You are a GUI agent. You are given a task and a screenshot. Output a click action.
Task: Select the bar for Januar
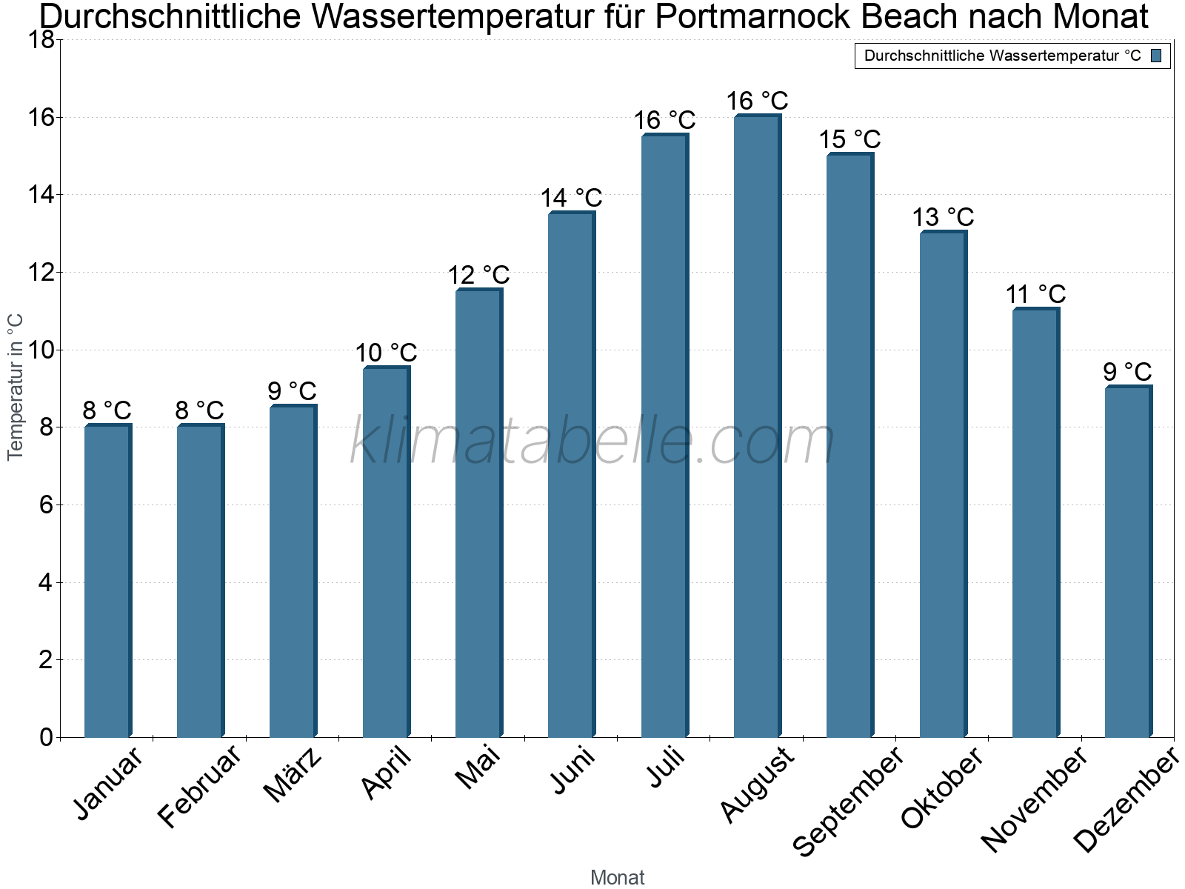107,581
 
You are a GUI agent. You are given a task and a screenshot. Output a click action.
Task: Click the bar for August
757,426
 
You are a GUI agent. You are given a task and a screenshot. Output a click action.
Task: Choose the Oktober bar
943,485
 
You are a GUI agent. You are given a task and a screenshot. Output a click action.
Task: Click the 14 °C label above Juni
571,199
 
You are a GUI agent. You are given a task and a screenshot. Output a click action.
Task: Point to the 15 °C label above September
849,139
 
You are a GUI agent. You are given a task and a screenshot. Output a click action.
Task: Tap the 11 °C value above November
1035,295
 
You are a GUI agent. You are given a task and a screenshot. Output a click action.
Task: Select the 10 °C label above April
386,353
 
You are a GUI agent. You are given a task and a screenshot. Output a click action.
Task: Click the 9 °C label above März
292,391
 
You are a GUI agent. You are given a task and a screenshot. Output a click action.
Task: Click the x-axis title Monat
617,877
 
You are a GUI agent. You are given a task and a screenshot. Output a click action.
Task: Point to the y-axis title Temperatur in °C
16,387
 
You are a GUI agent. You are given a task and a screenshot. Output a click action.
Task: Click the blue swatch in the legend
1156,56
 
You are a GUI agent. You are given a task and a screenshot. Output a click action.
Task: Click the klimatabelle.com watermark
592,442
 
